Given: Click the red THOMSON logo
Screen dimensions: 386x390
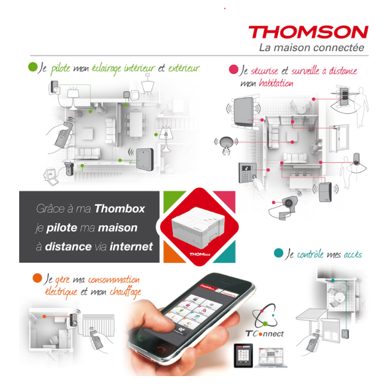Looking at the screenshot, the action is tap(309, 32).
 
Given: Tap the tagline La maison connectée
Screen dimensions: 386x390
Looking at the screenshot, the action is tap(311, 48).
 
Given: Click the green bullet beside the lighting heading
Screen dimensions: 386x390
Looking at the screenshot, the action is tap(32, 67).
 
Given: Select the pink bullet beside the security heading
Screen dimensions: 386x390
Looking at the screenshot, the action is tap(234, 70).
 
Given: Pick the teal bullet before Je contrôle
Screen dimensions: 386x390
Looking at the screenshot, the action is tap(279, 253).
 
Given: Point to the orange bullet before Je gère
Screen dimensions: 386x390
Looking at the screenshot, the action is tap(37, 278).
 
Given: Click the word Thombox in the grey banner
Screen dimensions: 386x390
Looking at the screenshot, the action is tap(120, 209).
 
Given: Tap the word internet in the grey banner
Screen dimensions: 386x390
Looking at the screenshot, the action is tap(131, 246).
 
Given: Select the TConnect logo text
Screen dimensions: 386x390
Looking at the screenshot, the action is tap(264, 334).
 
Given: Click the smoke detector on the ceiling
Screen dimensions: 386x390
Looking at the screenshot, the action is tap(226, 144).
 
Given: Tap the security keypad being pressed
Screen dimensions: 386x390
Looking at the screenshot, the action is tap(248, 172).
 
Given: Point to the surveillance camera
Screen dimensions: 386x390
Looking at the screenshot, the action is tap(288, 205).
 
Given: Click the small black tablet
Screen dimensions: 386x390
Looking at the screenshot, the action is tap(243, 356).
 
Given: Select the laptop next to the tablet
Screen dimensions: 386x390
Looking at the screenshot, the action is tap(271, 357).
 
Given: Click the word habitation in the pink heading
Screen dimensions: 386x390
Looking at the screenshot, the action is tap(276, 83).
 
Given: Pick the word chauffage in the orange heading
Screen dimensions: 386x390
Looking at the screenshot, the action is tap(125, 292).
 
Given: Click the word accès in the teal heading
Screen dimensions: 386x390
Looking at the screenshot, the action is tap(353, 254).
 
